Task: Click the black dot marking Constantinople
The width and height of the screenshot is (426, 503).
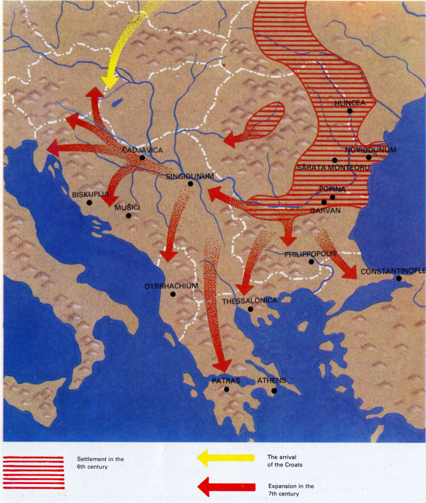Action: (399, 279)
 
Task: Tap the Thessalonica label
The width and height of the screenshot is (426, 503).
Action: (249, 300)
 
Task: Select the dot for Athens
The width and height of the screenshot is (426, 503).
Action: (274, 391)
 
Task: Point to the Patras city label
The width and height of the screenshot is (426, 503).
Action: (226, 380)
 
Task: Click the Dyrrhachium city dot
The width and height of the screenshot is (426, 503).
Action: (173, 294)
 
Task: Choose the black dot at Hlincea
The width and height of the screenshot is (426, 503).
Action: (349, 111)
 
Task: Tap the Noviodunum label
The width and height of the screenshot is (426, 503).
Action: (371, 150)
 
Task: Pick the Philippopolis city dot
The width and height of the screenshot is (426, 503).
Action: (311, 262)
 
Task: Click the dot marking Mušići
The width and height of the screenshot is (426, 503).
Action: (128, 216)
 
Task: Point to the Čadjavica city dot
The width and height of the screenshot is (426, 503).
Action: (142, 158)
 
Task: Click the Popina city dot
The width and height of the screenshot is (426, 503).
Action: (332, 197)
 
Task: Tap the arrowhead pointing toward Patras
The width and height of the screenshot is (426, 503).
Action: (221, 365)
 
